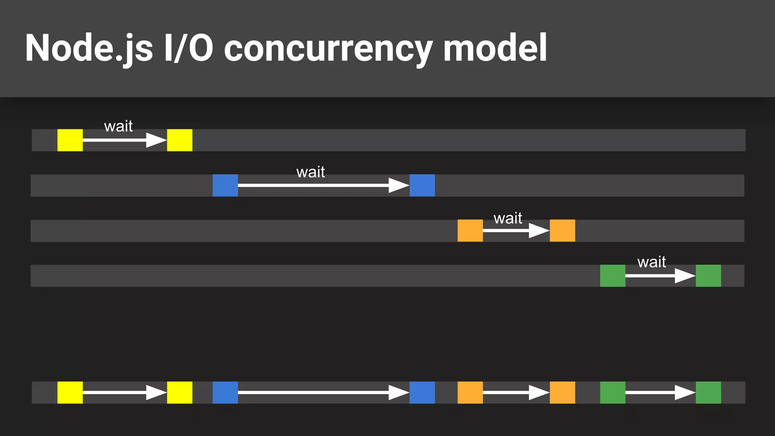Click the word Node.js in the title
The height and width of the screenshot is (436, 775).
(x=89, y=48)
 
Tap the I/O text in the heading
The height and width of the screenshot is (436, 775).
(x=188, y=48)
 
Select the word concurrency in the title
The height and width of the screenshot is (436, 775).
(x=328, y=48)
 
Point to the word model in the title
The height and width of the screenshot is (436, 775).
(x=495, y=48)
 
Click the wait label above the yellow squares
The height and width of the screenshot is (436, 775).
(x=118, y=126)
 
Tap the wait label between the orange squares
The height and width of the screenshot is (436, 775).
(x=508, y=218)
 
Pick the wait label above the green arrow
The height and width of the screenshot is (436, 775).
(x=652, y=262)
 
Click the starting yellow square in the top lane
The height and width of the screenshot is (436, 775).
(x=70, y=140)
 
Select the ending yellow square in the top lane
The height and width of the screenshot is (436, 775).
(x=180, y=140)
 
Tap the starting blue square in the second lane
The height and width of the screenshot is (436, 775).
(x=225, y=185)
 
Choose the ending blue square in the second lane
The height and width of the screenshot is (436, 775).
(x=422, y=185)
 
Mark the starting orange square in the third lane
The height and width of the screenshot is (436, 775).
(x=470, y=230)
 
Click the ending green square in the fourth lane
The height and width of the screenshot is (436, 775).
(x=708, y=276)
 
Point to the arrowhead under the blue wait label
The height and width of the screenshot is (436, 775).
(x=398, y=185)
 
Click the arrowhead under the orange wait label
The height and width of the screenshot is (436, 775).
(x=538, y=230)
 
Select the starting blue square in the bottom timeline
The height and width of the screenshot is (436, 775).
(x=225, y=392)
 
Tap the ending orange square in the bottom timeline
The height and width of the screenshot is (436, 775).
(x=562, y=392)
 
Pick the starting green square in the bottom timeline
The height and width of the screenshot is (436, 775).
(x=613, y=392)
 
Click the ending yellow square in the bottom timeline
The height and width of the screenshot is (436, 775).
(x=180, y=392)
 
